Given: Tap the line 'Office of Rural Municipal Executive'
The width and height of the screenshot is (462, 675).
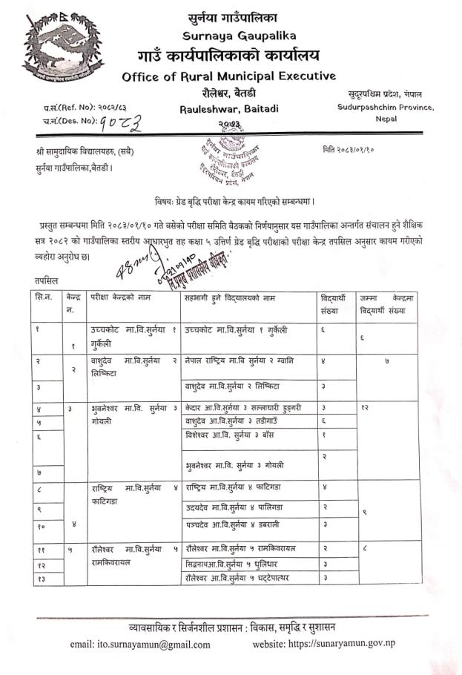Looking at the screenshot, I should pos(228,76).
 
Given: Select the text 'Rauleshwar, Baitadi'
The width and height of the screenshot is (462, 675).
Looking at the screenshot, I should pos(229,108).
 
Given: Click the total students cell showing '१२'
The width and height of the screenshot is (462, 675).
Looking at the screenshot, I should pos(365,408).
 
